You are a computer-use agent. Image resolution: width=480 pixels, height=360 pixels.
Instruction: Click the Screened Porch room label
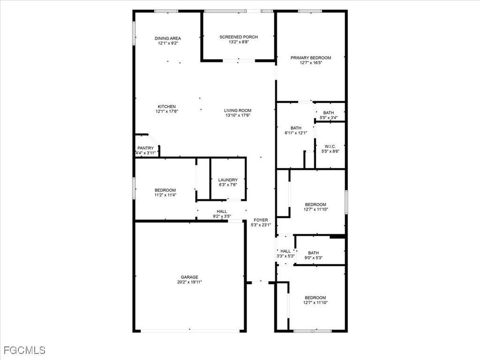pos(239,37)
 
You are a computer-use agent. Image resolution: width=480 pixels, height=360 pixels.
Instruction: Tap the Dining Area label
pos(168,38)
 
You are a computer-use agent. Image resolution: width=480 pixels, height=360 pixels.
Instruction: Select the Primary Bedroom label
pos(311,58)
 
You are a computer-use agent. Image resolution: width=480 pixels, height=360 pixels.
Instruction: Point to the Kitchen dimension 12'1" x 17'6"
pos(167,112)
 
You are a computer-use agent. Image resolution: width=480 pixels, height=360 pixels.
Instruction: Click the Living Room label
pos(238,111)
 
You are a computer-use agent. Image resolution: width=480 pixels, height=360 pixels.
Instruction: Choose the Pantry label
pos(145,148)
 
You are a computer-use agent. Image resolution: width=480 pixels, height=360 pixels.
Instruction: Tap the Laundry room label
pos(228,180)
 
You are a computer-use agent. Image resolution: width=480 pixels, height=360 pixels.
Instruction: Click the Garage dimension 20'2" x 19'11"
pos(189,282)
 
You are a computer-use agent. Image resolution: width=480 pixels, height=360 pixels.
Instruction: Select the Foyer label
pos(261,220)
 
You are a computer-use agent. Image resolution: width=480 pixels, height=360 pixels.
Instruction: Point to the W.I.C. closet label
pos(330,146)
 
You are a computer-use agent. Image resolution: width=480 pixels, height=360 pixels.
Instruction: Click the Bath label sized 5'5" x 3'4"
pos(329,113)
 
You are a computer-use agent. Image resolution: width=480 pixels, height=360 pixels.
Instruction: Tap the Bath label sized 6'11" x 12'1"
pos(296,128)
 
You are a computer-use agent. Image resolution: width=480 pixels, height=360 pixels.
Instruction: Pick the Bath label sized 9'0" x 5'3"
pos(313,253)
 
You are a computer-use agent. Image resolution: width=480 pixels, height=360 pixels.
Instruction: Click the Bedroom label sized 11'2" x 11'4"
pos(165,190)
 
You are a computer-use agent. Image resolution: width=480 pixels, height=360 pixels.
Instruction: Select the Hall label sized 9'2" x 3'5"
pos(222,211)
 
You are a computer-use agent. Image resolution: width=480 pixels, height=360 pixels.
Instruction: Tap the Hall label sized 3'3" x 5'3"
pos(285,251)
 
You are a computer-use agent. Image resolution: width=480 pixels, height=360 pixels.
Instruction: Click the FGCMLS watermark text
pos(24,350)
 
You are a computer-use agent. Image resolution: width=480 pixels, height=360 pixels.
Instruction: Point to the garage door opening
pos(190,330)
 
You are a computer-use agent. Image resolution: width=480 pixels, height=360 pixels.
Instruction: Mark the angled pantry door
pos(154,140)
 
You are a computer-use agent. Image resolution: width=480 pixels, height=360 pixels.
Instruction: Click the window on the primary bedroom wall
pos(310,11)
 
